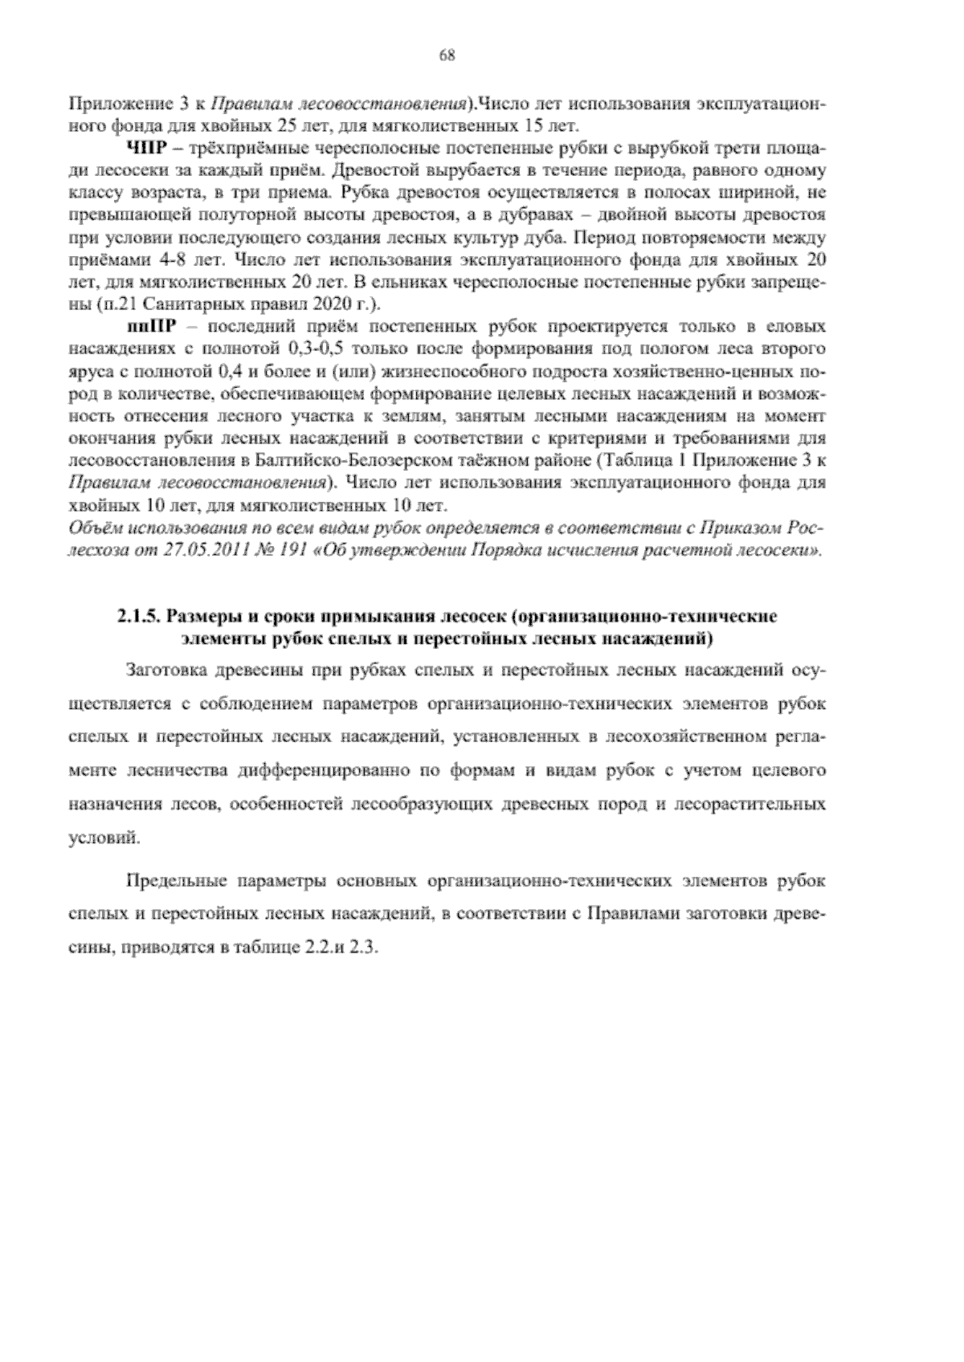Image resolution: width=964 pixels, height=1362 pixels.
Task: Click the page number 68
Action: tap(448, 55)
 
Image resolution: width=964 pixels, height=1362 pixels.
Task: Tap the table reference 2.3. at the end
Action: tap(363, 948)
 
